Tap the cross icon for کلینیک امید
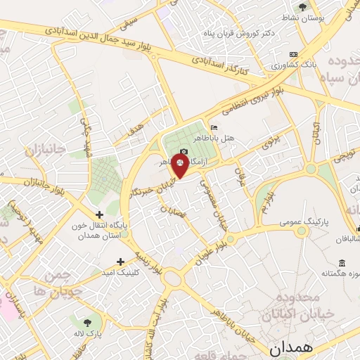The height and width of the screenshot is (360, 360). coord(121,261)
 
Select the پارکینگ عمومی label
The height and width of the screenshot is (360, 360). coord(302,221)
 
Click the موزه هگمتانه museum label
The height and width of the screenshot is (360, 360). coord(339,272)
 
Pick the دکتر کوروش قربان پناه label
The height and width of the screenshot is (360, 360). coord(243,33)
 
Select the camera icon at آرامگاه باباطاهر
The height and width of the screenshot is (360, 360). coord(184,152)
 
